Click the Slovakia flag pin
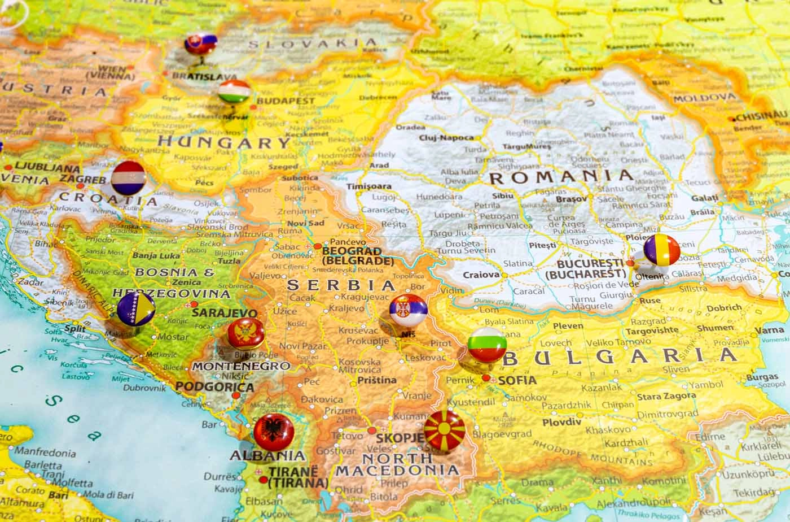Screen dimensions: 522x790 coord(200,43)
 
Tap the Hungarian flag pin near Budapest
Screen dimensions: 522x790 coord(234,92)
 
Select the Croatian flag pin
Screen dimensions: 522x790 coord(128,177)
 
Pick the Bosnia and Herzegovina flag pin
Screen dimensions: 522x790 coord(136,308)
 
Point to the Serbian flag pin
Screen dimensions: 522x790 coord(408,310)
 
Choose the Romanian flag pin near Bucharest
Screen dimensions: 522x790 coord(661,249)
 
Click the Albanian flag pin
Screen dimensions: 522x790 coord(273,432)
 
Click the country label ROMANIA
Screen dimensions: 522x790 coord(561,177)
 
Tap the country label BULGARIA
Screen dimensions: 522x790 coord(620,356)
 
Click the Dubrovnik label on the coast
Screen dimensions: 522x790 coord(143,388)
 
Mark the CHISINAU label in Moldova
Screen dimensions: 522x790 coord(761,116)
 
